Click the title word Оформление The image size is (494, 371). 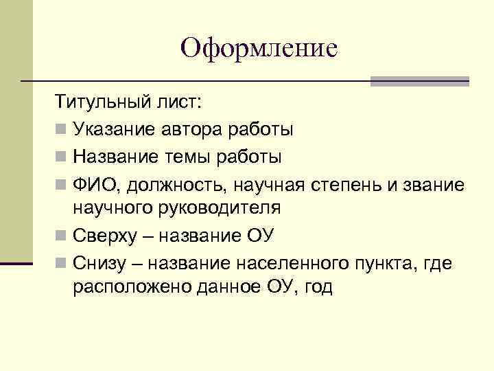click(259, 48)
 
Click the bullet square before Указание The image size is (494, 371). click(62, 129)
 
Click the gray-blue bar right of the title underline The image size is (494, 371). click(419, 81)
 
